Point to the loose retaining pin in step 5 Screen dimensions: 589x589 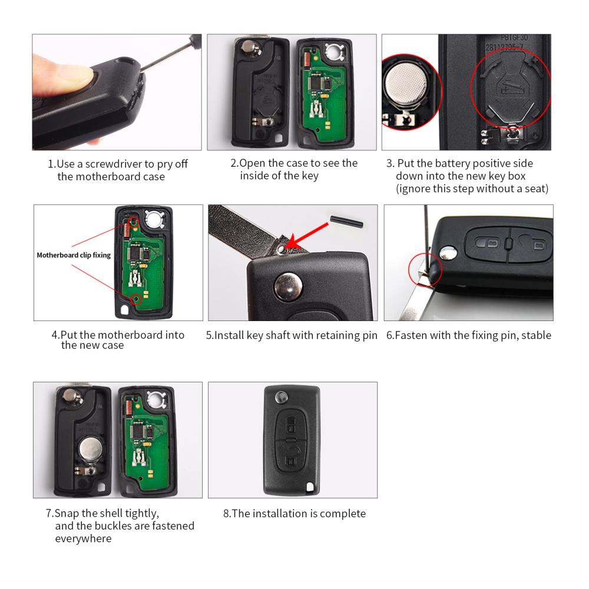(346, 221)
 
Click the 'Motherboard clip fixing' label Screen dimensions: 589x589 (74, 255)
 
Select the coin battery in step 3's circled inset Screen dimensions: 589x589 (406, 87)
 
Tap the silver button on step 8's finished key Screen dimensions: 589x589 (280, 396)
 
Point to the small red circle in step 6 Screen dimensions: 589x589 (425, 269)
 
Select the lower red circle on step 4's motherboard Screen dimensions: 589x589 (137, 299)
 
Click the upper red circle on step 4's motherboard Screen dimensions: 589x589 (134, 222)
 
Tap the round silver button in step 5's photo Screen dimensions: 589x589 (288, 287)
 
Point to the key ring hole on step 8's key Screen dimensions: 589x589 (310, 487)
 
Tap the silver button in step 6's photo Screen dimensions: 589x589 (448, 253)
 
